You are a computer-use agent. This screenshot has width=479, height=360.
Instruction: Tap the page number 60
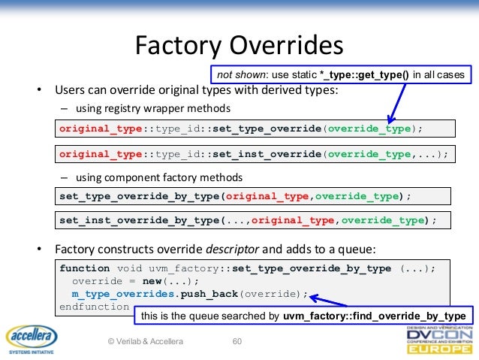pyautogui.click(x=238, y=342)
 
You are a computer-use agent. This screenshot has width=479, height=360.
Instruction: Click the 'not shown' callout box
pyautogui.click(x=342, y=75)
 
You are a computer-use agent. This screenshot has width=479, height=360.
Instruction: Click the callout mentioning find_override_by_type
pyautogui.click(x=304, y=316)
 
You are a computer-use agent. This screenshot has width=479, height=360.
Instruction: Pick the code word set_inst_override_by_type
pyautogui.click(x=138, y=220)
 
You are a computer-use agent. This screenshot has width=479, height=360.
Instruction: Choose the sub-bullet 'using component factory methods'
pyautogui.click(x=157, y=177)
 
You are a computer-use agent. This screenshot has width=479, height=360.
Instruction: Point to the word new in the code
pyautogui.click(x=152, y=280)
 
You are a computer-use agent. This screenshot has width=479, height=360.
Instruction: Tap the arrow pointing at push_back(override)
pyautogui.click(x=330, y=298)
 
